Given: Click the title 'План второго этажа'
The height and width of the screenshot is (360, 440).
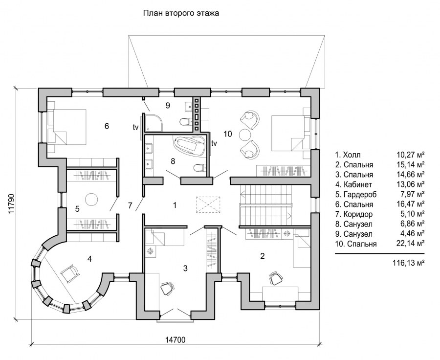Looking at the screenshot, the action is (x=181, y=13).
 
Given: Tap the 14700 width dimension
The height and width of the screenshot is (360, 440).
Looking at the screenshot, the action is (x=175, y=340).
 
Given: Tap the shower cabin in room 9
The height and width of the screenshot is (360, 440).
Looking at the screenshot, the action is (x=154, y=123).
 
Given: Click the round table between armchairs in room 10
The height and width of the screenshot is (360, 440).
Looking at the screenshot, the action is (x=244, y=135).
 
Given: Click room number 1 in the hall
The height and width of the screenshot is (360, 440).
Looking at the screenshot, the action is (x=175, y=205).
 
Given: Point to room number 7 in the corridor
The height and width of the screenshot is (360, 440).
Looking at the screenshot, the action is (x=130, y=205).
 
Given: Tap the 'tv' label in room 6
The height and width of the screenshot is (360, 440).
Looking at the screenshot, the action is (x=135, y=128).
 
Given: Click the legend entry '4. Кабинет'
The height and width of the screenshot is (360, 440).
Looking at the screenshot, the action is (x=353, y=184).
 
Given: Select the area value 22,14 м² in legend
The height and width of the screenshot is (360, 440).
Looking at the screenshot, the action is (x=410, y=244).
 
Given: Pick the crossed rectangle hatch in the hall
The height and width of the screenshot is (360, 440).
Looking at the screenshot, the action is (x=208, y=204).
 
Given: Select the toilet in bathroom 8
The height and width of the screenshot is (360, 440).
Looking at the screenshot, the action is (x=199, y=168).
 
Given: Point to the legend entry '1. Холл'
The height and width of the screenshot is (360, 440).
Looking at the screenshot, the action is (x=348, y=155).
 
